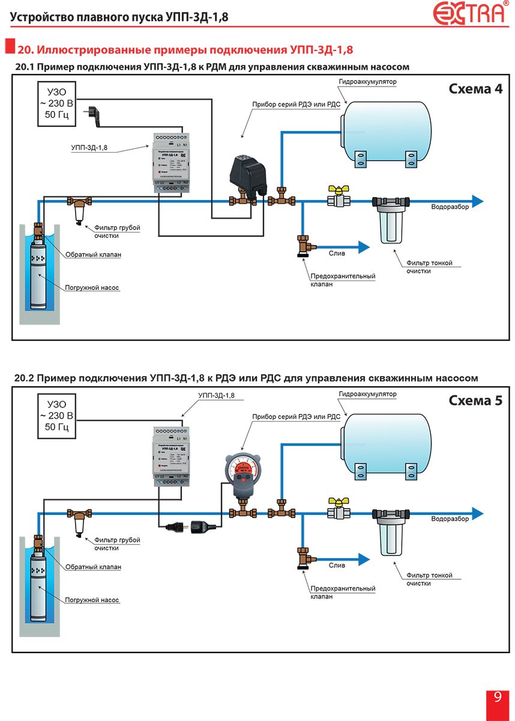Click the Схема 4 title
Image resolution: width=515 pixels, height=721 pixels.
click(475, 89)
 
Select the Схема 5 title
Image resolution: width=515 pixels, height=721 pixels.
click(475, 400)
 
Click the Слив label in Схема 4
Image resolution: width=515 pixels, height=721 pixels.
click(337, 254)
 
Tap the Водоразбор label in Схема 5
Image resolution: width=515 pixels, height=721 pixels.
click(450, 518)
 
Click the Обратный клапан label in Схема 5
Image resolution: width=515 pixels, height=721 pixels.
click(93, 567)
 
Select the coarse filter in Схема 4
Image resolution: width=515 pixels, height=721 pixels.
click(79, 210)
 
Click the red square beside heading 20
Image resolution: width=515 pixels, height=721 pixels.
click(9, 47)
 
